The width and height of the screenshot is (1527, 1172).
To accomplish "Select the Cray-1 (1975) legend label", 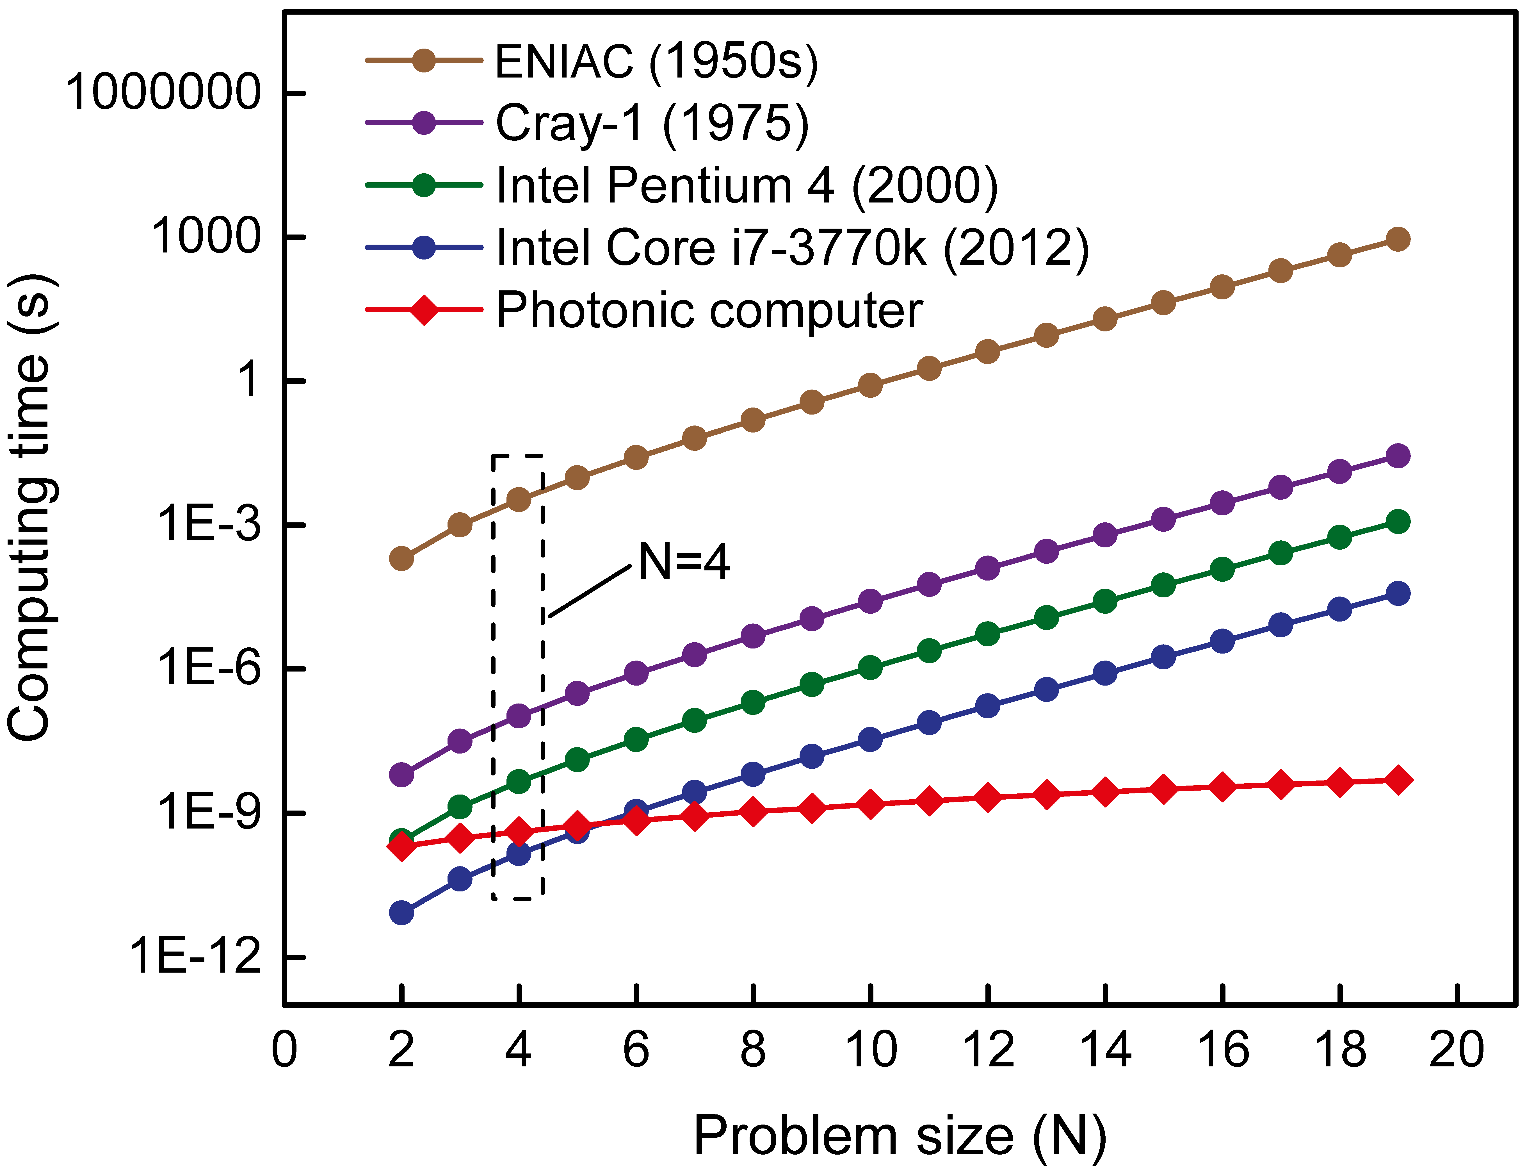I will click(x=652, y=124).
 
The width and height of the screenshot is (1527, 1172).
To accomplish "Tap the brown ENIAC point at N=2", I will click(x=401, y=558).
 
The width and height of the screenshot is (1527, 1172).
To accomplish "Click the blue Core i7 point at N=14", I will click(x=1104, y=673).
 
